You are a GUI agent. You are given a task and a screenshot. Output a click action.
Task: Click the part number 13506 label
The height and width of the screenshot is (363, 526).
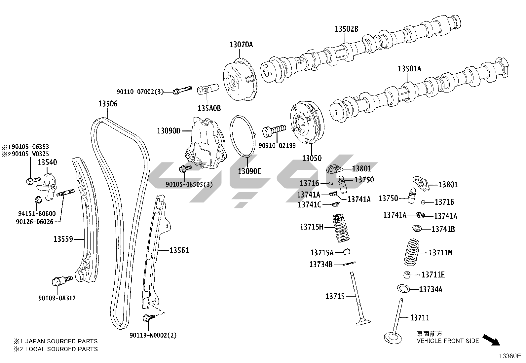point(108,104)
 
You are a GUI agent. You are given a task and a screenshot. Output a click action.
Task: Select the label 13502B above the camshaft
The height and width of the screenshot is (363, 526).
point(346,29)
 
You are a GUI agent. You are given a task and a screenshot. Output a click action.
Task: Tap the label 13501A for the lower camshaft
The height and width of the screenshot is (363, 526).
point(409,69)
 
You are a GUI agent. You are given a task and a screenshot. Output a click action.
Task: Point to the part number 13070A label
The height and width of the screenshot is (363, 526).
point(241,44)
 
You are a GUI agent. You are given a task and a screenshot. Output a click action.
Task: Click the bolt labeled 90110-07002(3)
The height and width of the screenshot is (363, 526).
point(182,90)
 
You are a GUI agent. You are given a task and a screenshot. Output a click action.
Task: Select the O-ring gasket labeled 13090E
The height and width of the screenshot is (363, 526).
point(243,136)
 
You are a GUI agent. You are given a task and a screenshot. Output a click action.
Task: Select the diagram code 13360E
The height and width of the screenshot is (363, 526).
point(509,356)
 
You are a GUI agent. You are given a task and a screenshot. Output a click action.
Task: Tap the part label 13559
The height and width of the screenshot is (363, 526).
point(63,238)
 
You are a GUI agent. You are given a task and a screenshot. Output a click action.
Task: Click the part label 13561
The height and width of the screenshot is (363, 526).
point(179,250)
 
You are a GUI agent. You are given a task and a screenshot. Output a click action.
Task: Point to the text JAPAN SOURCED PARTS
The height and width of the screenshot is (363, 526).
point(61,341)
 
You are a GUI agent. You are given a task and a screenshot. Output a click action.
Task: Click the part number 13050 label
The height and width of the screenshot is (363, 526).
point(312,158)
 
